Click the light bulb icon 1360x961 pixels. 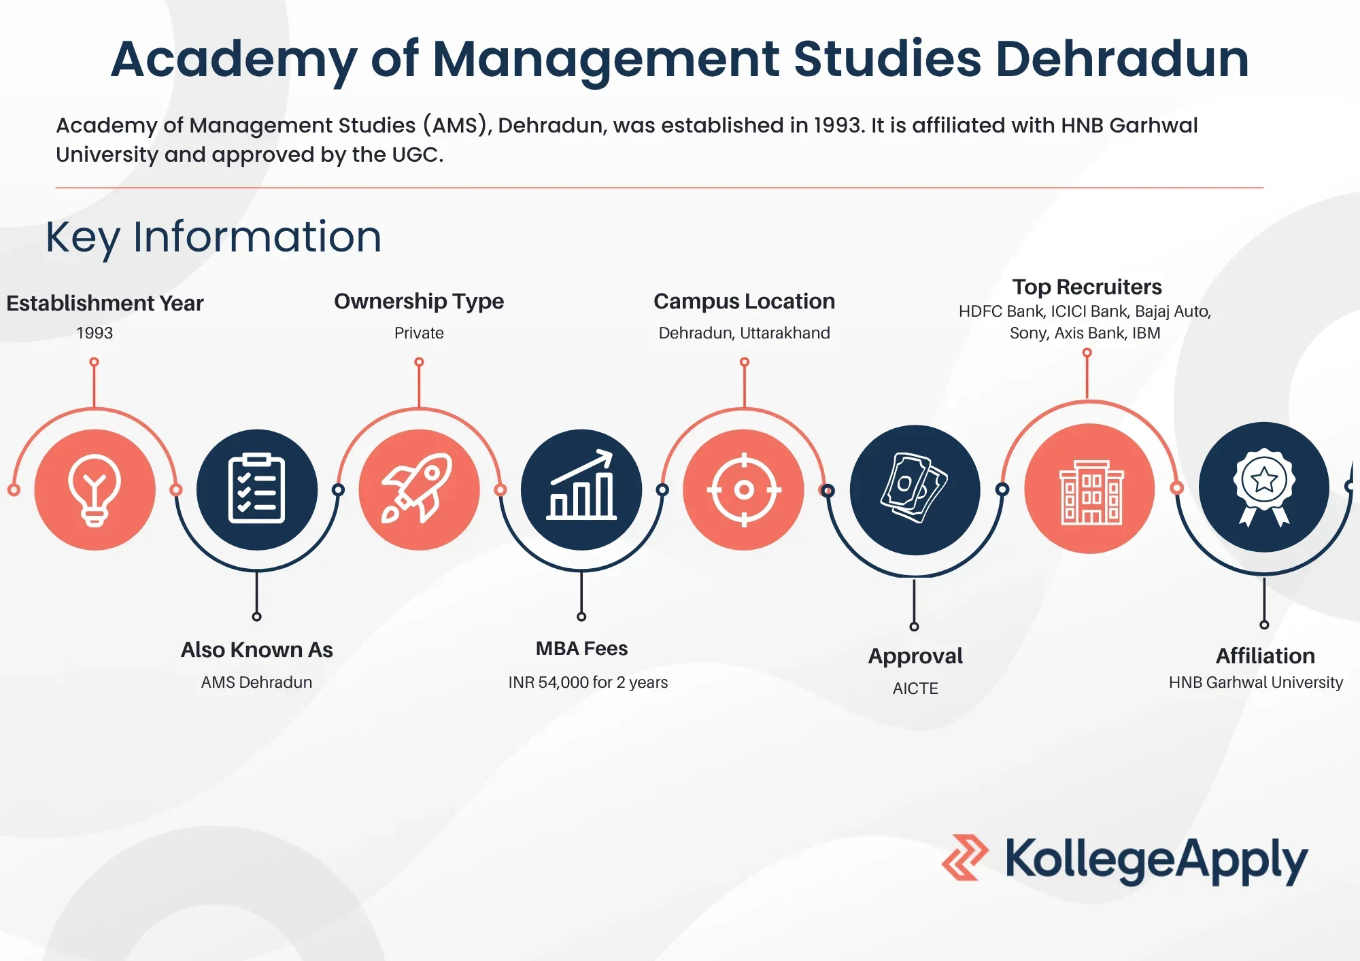click(95, 489)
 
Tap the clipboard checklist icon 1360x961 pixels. click(256, 489)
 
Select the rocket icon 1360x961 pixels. click(419, 489)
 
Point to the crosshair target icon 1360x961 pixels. click(744, 489)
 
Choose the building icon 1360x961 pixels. click(1090, 489)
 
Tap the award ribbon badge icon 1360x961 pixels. click(1264, 487)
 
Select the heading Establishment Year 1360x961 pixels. click(105, 303)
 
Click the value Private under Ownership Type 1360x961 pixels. click(419, 333)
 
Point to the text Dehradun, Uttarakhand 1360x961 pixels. click(744, 333)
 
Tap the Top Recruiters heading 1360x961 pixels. click(1087, 287)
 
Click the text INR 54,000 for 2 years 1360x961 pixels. click(588, 682)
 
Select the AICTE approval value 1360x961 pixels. click(915, 688)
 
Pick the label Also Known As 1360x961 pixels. click(256, 650)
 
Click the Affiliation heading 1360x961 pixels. click(1265, 656)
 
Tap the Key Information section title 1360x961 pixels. click(214, 237)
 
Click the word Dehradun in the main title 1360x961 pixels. click(1122, 60)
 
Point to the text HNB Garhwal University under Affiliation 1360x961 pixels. click(1255, 682)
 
